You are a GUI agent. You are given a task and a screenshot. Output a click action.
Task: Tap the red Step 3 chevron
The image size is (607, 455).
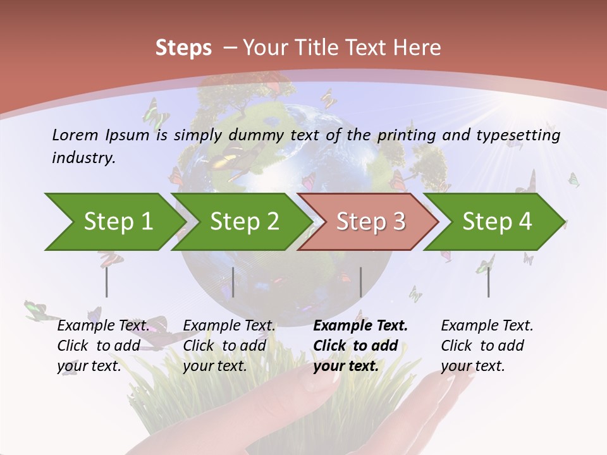(x=371, y=221)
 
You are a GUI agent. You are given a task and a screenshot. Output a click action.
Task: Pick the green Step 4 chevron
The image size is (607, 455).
(x=497, y=221)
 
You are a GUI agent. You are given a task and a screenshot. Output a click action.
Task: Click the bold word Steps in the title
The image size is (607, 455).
(x=183, y=48)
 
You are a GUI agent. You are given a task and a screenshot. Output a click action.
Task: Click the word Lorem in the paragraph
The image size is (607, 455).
(x=75, y=135)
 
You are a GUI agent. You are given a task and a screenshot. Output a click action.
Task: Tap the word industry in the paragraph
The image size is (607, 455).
(x=83, y=157)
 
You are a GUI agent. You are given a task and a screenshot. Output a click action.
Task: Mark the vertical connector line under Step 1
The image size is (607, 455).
(x=107, y=282)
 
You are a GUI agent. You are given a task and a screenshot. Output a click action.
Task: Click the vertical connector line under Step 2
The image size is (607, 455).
(x=233, y=282)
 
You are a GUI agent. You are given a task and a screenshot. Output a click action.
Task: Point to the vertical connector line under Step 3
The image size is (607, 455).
(x=360, y=282)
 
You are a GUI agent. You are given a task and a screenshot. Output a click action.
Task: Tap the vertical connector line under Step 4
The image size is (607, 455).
(x=488, y=282)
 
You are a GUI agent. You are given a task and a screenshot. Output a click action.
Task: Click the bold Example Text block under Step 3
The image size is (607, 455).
(x=360, y=345)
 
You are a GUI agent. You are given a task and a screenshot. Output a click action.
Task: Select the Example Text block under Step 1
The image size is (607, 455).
(x=104, y=345)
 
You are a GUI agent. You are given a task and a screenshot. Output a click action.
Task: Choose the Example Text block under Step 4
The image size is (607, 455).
(x=487, y=345)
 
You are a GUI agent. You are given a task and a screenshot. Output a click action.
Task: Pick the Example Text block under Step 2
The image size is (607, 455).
(x=230, y=345)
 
